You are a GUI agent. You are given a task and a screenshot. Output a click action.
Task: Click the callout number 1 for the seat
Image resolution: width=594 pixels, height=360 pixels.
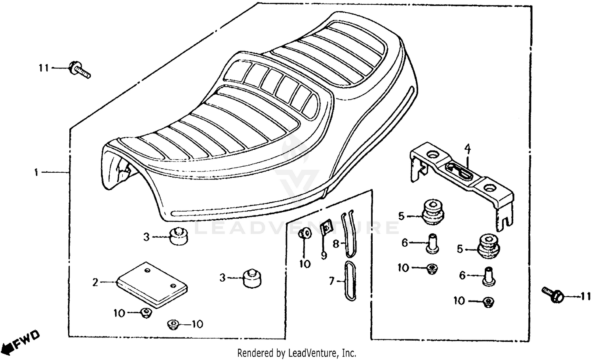coord(36,173)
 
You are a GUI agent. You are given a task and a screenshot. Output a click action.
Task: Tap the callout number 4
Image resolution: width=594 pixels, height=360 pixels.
coord(468,149)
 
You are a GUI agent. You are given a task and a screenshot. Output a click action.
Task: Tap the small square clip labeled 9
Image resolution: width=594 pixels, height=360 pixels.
coord(326,229)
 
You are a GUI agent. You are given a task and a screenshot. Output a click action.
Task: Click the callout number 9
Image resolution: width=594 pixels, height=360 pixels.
coord(324,256)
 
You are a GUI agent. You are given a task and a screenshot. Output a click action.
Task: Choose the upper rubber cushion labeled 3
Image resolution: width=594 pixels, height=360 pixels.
coord(179,236)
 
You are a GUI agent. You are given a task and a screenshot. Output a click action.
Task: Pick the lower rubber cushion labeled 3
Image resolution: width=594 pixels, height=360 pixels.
coord(252,278)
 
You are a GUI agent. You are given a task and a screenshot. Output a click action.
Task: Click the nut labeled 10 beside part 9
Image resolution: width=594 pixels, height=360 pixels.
coord(305,234)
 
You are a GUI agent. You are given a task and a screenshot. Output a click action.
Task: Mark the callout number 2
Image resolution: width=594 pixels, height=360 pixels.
coord(95,283)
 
